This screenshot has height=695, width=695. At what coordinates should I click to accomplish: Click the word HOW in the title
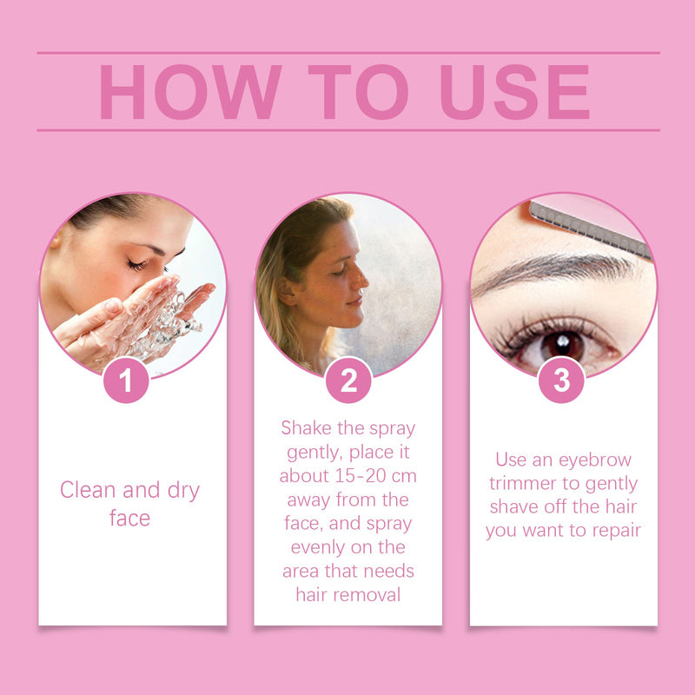(x=190, y=92)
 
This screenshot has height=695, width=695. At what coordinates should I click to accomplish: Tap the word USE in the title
(x=514, y=92)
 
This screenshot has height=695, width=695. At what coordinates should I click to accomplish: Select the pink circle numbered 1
(x=126, y=381)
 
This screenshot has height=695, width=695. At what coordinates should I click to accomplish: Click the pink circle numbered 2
(x=348, y=381)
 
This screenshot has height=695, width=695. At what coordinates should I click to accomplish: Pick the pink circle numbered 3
(x=561, y=381)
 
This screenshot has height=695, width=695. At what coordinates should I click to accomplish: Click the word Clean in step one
(x=88, y=490)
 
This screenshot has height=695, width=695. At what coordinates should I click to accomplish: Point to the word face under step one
(x=129, y=518)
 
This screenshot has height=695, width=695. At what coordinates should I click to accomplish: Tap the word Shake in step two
(x=307, y=427)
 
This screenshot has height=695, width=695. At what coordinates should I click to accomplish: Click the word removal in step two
(x=367, y=595)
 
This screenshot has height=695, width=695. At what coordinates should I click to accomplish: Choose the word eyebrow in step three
(x=595, y=460)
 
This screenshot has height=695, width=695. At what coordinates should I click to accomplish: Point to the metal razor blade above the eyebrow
(x=591, y=229)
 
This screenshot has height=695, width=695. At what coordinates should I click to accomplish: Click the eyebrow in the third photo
(x=554, y=270)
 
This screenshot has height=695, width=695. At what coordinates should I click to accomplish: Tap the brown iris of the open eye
(x=562, y=345)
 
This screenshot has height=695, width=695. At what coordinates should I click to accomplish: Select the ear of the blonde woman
(x=288, y=292)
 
